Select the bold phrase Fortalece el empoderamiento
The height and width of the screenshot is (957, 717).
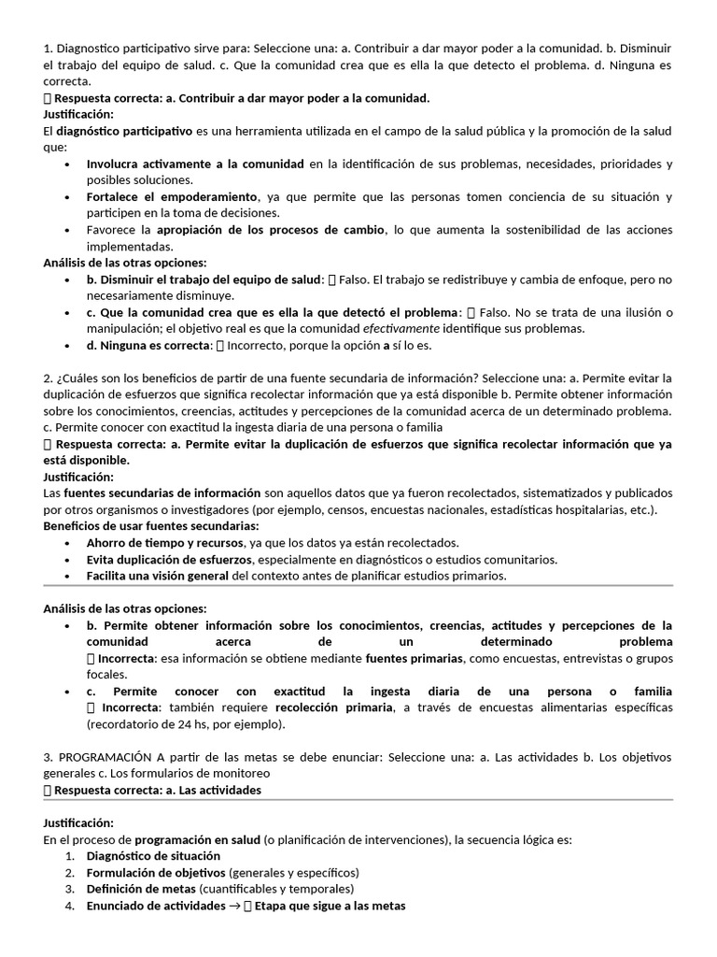172,196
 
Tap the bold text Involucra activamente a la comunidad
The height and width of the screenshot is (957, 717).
195,164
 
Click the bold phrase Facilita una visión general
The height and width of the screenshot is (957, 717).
158,576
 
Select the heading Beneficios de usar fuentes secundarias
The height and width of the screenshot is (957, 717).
150,525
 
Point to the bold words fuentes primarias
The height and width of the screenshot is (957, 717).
414,658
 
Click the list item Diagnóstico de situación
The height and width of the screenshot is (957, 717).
153,855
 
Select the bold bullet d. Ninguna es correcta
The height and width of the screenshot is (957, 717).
148,345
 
